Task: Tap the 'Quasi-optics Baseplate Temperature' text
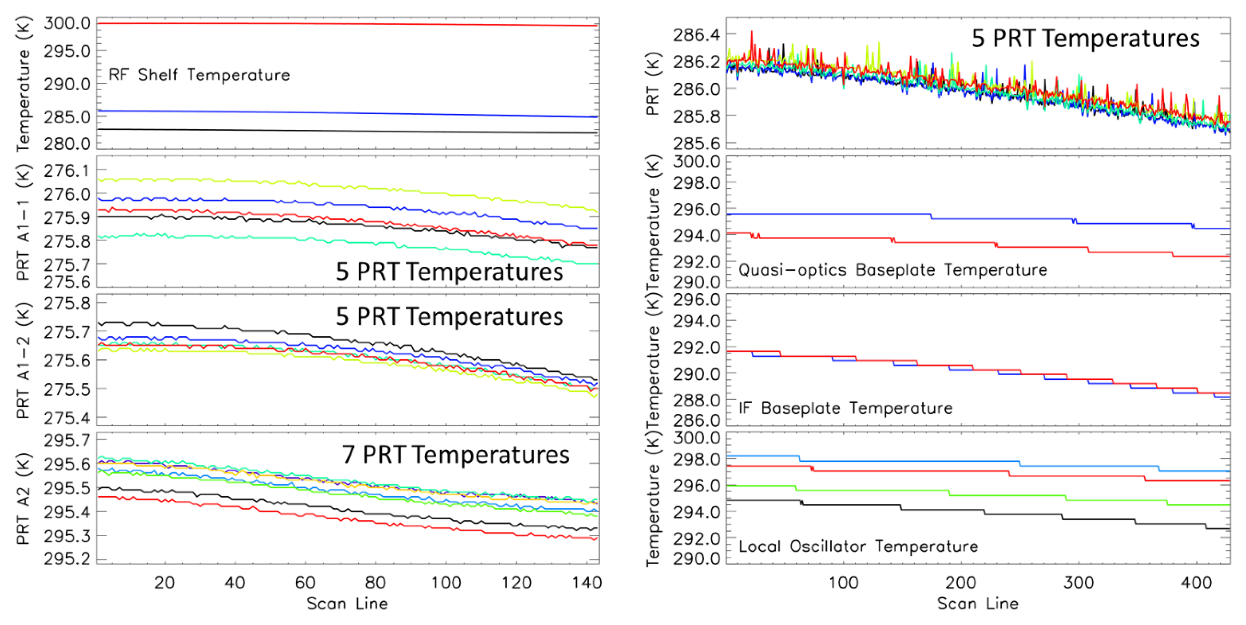(892, 270)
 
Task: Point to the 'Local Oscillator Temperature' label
(858, 546)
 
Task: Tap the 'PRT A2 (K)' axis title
(23, 498)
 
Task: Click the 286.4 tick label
(696, 35)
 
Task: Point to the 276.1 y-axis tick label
(67, 171)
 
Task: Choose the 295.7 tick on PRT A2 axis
(67, 441)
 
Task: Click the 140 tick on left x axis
(587, 582)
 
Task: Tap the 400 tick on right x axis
(1196, 582)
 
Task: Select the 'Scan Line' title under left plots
(347, 603)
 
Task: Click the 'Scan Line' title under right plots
(977, 603)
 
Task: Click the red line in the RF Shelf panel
(339, 24)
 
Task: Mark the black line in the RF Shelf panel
(339, 131)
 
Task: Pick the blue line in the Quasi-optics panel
(822, 214)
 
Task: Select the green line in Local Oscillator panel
(871, 491)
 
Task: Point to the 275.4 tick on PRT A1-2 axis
(67, 418)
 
